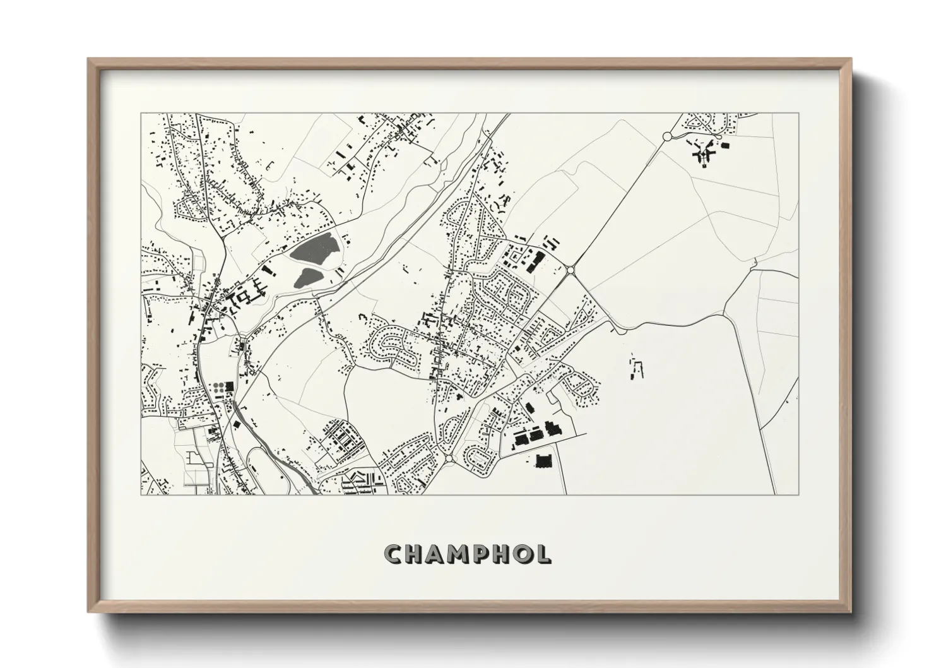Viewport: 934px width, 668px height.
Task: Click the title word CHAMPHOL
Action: [x=468, y=554]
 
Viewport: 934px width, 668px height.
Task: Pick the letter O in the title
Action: [x=522, y=554]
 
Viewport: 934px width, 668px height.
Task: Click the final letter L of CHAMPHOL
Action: [x=542, y=554]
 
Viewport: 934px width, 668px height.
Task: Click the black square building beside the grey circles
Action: [x=230, y=386]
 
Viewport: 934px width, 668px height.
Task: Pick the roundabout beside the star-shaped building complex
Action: [x=667, y=136]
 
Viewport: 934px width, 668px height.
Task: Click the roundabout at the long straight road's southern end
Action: [x=570, y=270]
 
